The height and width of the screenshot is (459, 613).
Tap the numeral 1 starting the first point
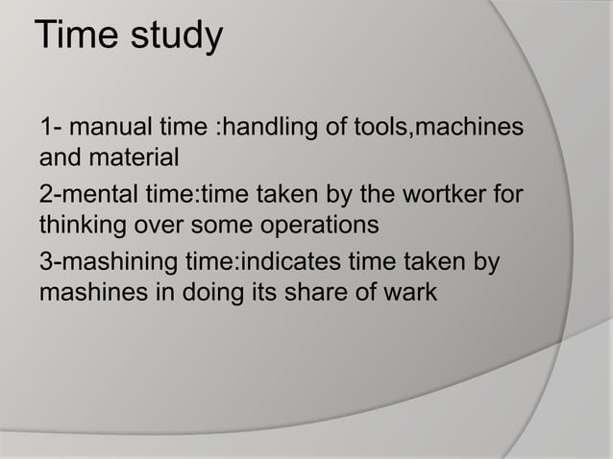pos(46,127)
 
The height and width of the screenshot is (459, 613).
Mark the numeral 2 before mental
pos(46,197)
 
